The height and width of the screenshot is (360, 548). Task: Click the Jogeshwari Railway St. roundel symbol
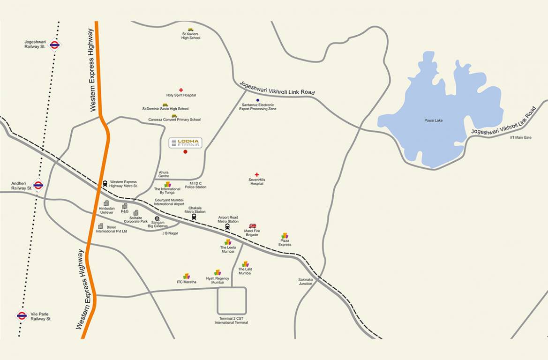55,45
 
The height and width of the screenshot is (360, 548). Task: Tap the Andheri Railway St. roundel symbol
38,185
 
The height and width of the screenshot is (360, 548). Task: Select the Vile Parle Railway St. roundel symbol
22,315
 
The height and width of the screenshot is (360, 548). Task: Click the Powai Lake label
433,120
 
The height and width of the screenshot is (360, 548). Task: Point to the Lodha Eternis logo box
185,142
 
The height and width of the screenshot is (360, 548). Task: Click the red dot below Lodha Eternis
185,152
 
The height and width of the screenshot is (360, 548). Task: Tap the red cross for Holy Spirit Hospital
181,90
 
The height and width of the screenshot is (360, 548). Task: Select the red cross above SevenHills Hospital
256,175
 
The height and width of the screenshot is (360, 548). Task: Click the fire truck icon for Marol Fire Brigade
252,226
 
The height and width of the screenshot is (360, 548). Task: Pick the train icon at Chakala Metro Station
194,217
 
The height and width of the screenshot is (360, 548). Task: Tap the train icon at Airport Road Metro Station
227,226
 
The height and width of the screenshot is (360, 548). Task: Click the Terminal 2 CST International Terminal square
232,300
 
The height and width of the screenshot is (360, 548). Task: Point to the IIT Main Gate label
521,137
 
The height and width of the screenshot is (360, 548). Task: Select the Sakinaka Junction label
306,282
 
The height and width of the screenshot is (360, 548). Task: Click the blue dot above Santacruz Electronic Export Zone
257,100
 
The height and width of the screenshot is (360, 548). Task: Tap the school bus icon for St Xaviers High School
191,30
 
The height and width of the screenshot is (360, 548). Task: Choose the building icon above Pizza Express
285,236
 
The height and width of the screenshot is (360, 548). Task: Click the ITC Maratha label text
187,282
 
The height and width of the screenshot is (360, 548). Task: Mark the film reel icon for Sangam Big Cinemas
157,218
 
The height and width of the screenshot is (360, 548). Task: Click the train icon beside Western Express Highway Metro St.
105,184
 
